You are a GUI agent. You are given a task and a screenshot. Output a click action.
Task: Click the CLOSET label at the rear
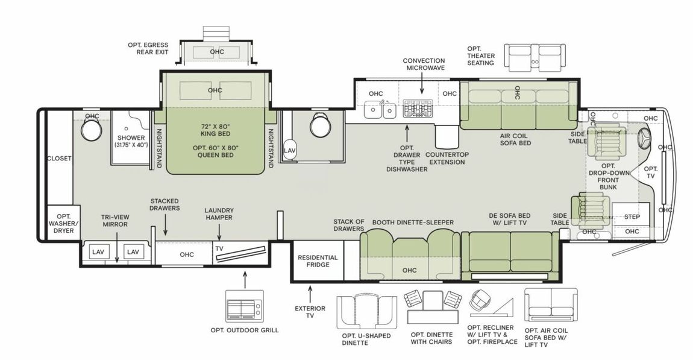tap(59, 159)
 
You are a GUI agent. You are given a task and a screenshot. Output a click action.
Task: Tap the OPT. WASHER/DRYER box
tap(59, 223)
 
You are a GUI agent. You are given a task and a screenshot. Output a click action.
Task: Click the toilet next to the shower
tap(92, 130)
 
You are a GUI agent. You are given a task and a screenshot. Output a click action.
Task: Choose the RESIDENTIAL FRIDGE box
tap(318, 261)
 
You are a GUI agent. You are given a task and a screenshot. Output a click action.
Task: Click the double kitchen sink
tap(381, 110)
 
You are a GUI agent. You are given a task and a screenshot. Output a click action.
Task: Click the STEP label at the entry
tap(632, 216)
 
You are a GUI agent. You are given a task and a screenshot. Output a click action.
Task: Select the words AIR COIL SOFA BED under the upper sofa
tap(515, 140)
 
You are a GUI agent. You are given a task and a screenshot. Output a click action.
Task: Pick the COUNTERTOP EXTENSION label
tap(447, 158)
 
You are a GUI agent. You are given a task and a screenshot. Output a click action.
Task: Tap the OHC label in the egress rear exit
tap(217, 52)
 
